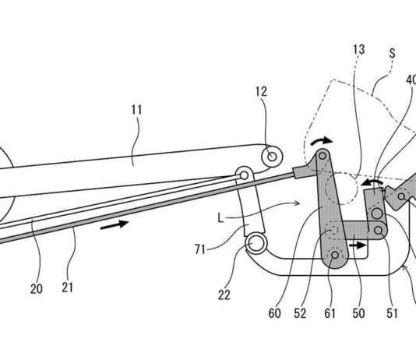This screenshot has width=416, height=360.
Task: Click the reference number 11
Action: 136,110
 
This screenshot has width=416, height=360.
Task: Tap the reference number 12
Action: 261,92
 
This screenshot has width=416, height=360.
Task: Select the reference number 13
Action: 359,50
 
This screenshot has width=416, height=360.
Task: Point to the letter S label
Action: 392,53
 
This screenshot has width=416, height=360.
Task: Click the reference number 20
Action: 37,289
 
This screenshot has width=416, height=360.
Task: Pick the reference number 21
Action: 68,288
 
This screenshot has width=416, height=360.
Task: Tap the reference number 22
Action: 224,295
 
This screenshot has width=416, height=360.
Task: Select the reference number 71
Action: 200,249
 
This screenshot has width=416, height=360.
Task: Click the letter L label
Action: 220,219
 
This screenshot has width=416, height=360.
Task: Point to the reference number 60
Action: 274,313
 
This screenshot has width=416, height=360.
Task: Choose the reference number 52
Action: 300,313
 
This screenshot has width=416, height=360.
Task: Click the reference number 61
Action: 330,313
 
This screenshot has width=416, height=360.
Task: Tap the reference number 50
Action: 358,313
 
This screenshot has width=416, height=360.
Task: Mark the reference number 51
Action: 392,313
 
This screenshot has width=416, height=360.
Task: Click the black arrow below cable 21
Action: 115,225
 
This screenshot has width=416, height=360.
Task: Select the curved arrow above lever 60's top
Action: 322,140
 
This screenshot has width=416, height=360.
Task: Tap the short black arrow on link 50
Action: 358,245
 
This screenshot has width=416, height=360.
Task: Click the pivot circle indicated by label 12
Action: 272,157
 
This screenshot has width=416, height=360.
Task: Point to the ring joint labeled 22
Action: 256,243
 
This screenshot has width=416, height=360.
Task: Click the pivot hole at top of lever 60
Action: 323,156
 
